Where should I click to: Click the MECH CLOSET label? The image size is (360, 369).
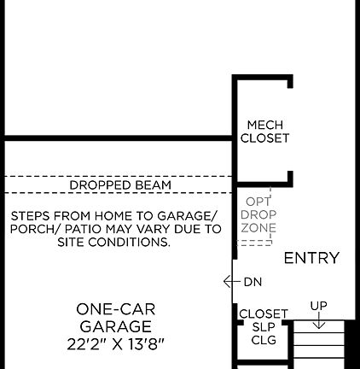pyautogui.click(x=264, y=132)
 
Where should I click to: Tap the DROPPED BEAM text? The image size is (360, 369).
pyautogui.click(x=120, y=184)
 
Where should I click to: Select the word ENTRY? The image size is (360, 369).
pyautogui.click(x=311, y=258)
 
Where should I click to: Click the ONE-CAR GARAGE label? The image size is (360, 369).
pyautogui.click(x=116, y=318)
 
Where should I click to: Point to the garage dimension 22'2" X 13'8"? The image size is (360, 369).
pyautogui.click(x=116, y=344)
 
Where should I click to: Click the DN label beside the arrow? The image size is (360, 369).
pyautogui.click(x=253, y=282)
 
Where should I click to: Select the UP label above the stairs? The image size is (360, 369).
pyautogui.click(x=318, y=306)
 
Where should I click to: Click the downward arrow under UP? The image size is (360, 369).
pyautogui.click(x=318, y=321)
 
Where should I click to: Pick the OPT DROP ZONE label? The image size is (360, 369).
pyautogui.click(x=258, y=215)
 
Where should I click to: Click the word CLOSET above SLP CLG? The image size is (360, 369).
pyautogui.click(x=264, y=313)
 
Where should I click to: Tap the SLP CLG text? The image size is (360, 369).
pyautogui.click(x=264, y=333)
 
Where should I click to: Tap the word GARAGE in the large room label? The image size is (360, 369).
pyautogui.click(x=116, y=326)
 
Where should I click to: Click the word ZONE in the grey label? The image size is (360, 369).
pyautogui.click(x=258, y=229)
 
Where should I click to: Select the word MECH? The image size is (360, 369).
pyautogui.click(x=264, y=125)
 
